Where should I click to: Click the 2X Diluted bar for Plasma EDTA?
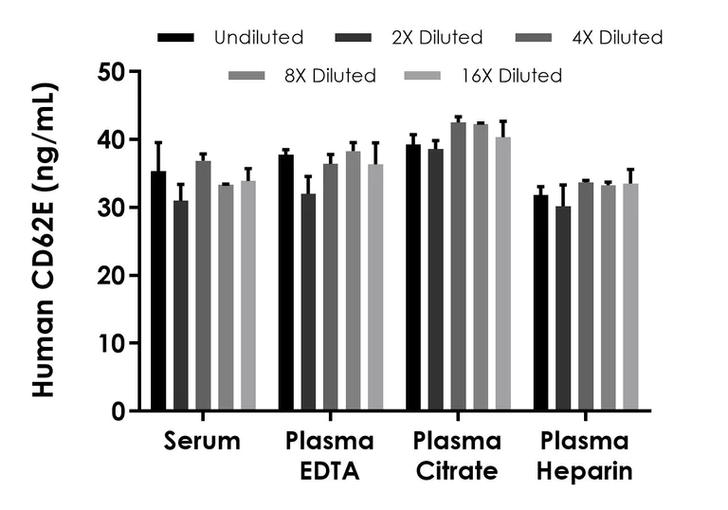[x=307, y=302]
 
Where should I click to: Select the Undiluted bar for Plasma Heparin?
[x=540, y=302]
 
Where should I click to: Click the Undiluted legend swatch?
[x=176, y=38]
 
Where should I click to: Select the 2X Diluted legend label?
[x=436, y=38]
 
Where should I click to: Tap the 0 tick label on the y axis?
[x=118, y=411]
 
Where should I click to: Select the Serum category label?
[x=202, y=441]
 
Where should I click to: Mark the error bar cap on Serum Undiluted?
[x=158, y=142]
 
